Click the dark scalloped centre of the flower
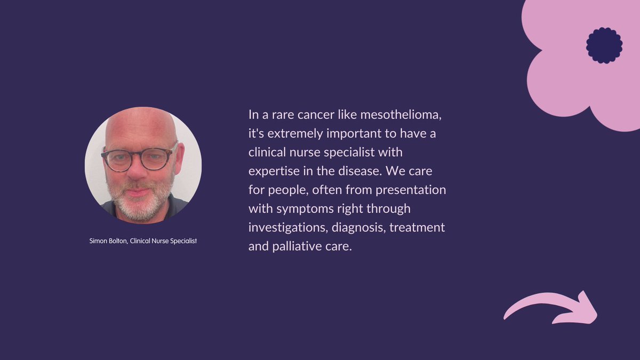click(604, 45)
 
